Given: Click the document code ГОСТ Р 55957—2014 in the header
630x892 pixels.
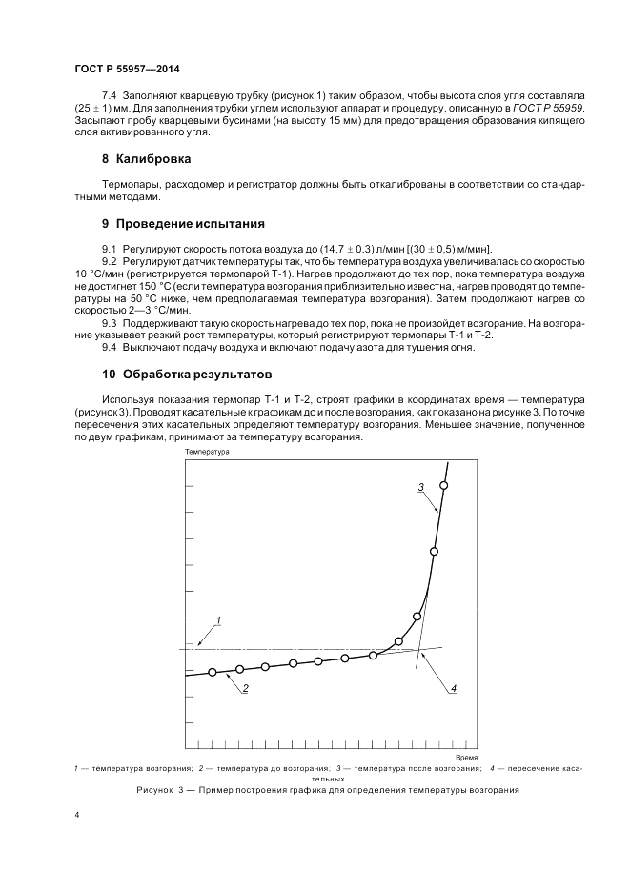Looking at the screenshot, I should (x=127, y=70).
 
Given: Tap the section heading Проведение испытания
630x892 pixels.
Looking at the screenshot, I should (x=190, y=224).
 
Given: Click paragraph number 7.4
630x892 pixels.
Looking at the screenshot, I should (x=109, y=96).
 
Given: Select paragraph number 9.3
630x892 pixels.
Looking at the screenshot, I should (x=109, y=322).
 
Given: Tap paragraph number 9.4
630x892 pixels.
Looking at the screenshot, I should (x=109, y=347).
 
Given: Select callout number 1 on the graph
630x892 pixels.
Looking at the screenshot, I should (x=217, y=620).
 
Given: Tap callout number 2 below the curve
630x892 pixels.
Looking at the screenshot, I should (x=245, y=688).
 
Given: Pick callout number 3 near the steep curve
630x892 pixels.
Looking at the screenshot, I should (x=420, y=487).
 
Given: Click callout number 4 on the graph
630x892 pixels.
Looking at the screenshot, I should (x=454, y=688).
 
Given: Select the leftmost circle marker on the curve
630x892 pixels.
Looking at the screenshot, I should (x=212, y=672).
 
